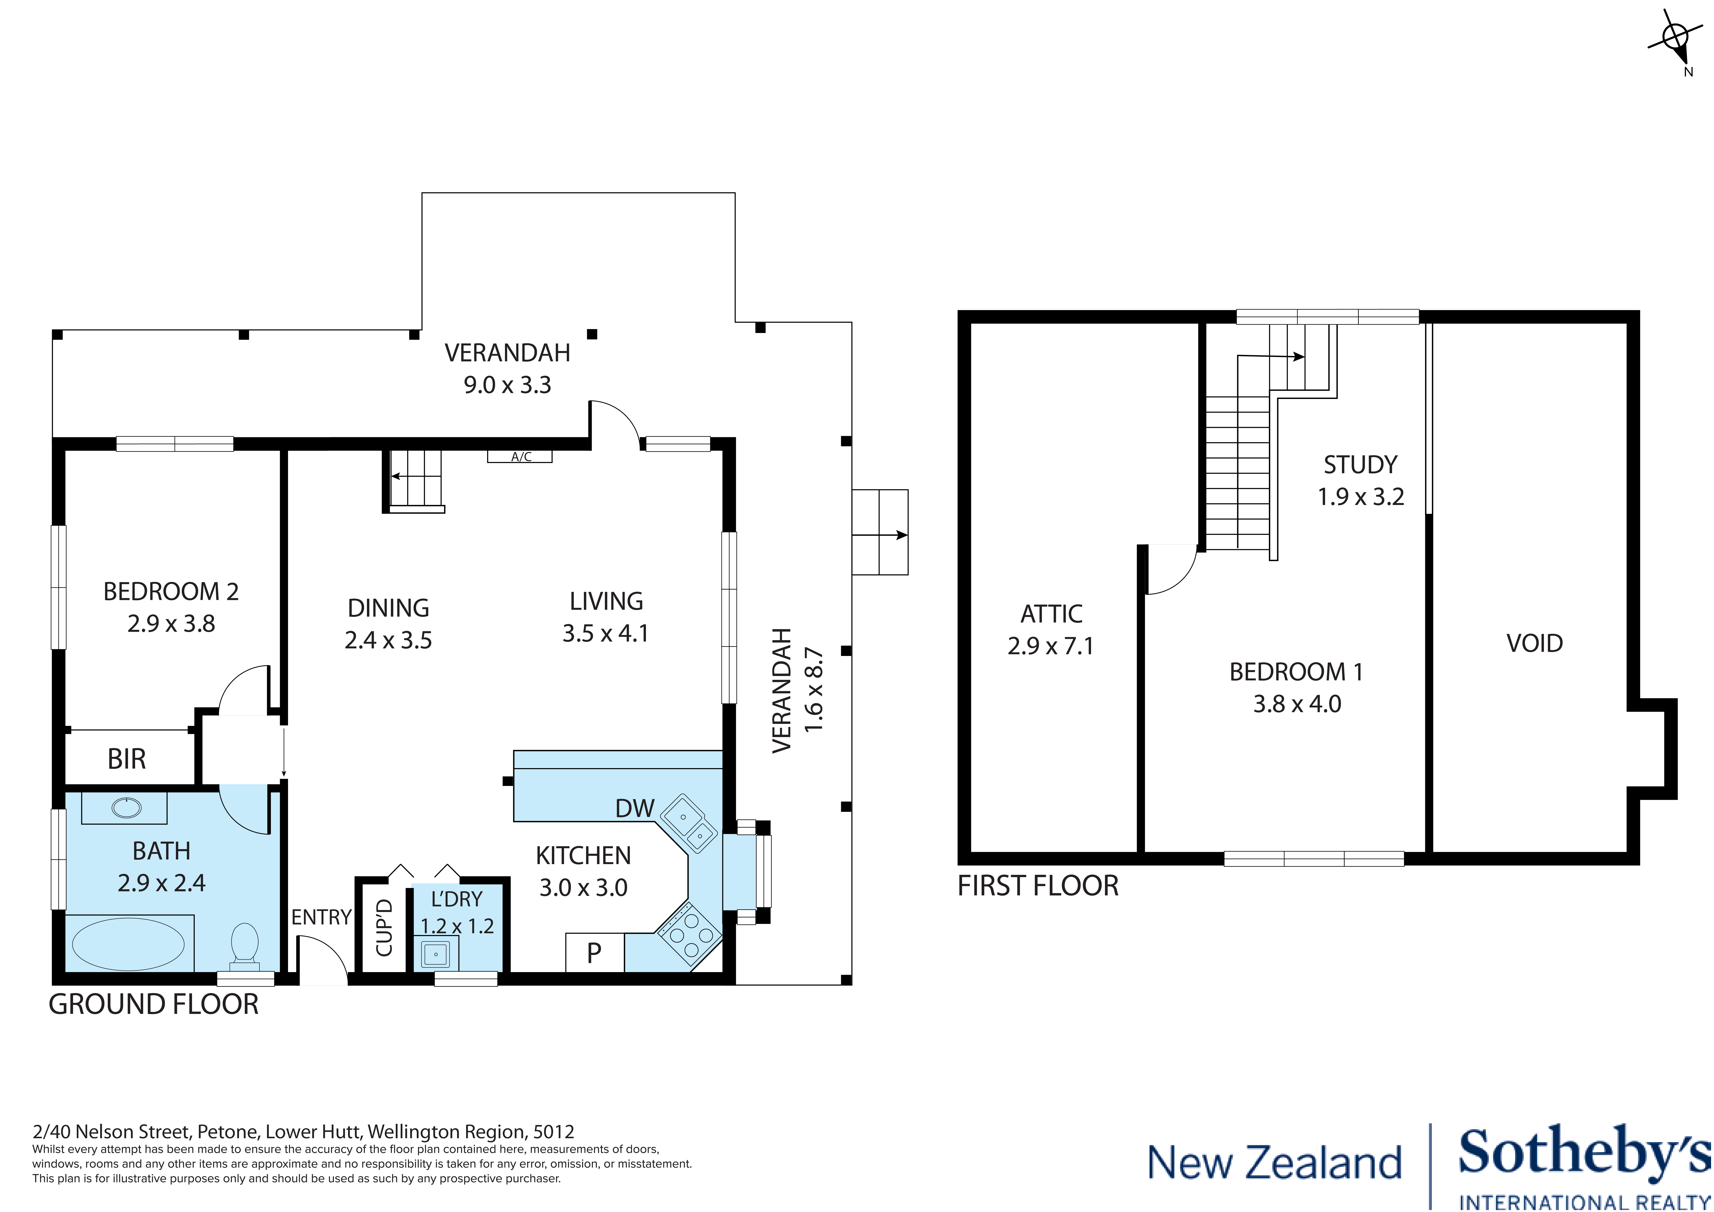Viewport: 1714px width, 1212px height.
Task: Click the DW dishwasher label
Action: coord(634,808)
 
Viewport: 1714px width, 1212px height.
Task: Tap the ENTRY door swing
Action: coord(322,961)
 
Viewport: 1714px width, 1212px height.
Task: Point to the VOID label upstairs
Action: coord(1534,643)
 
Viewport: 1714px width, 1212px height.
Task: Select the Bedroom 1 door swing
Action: coord(1169,569)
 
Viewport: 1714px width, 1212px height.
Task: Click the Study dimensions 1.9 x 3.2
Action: coord(1360,497)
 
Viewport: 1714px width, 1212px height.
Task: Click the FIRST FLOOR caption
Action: coord(1038,886)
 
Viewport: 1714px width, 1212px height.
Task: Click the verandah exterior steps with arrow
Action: coord(880,532)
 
